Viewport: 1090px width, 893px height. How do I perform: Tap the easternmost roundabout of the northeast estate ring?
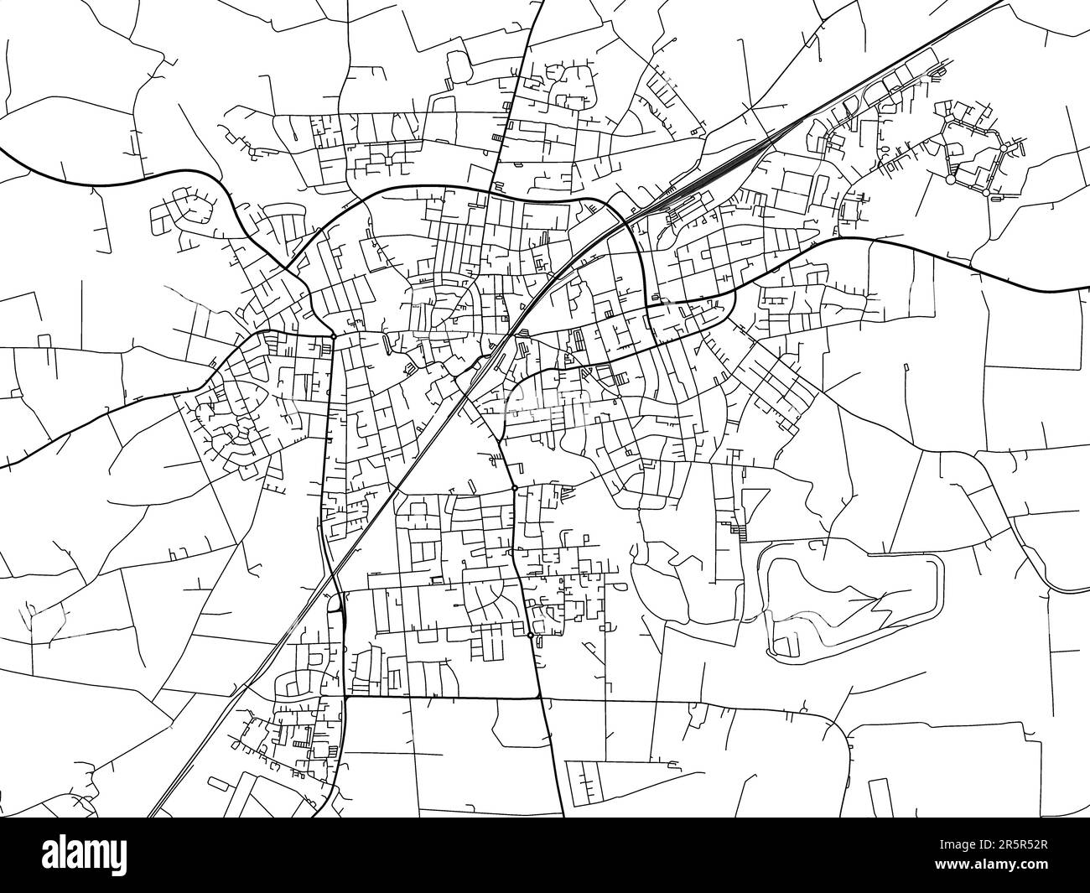[1003, 148]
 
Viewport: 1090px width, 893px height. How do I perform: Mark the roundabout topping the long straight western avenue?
[333, 336]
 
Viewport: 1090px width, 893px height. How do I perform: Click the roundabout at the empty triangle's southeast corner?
[514, 488]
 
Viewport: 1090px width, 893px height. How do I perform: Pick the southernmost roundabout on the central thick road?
[531, 636]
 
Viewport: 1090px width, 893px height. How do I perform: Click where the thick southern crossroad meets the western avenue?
[345, 696]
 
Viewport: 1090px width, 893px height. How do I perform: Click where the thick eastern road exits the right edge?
[1087, 289]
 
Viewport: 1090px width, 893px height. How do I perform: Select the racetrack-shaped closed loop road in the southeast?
[851, 591]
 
